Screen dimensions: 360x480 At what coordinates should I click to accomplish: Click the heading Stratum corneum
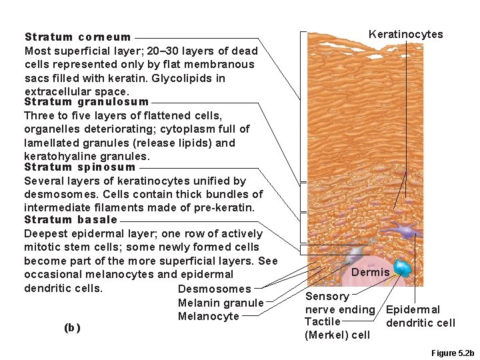77,37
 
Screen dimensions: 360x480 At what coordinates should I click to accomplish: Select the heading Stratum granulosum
86,102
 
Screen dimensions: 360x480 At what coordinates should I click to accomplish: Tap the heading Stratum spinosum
79,167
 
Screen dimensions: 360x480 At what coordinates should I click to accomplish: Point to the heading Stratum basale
71,219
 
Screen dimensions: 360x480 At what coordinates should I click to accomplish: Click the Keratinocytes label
405,35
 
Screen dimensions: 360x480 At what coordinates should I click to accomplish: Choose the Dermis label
370,272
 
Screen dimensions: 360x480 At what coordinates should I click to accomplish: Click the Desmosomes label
215,289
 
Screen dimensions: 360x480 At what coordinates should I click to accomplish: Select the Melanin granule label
221,303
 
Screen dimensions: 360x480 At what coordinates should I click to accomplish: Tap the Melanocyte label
208,317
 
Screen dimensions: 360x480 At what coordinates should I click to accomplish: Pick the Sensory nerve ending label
339,303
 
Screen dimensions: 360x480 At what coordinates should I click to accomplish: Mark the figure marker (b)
71,327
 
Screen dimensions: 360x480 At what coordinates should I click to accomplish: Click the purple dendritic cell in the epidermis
403,231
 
